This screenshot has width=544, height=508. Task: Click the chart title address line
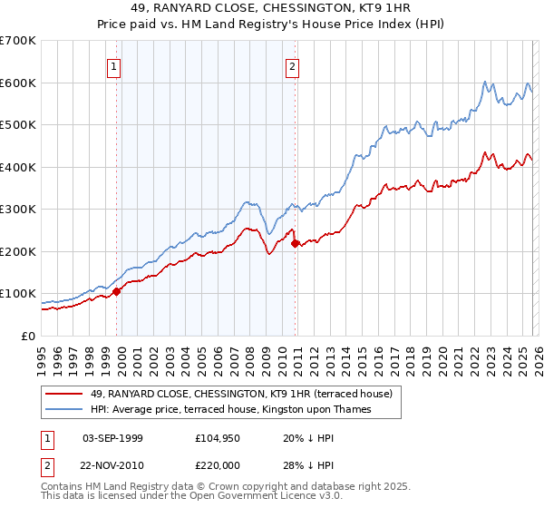pos(271,10)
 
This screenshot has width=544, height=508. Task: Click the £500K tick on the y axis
pos(18,124)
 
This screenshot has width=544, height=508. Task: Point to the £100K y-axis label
pos(18,294)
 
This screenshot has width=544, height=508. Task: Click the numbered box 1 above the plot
pos(115,65)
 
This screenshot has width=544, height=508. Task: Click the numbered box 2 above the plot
pos(294,65)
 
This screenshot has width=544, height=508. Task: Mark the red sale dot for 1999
pos(116,291)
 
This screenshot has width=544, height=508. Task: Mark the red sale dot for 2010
pos(295,242)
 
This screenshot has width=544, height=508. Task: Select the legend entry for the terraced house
pos(240,394)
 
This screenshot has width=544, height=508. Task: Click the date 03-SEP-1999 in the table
pos(112,437)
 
